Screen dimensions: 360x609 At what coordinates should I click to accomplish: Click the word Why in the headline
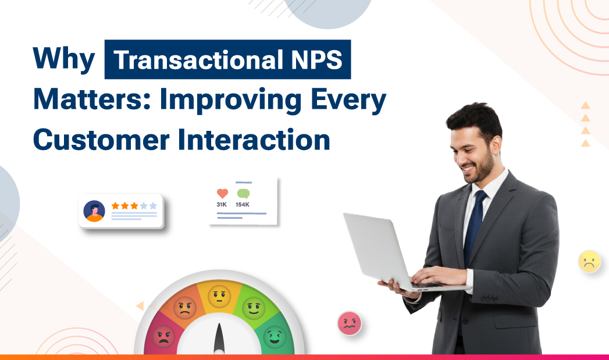[x=63, y=59]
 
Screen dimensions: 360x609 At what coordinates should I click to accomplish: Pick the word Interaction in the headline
[x=255, y=140]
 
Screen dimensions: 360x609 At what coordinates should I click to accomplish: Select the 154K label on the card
[x=243, y=205]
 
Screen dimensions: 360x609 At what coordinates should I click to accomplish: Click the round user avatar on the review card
[x=94, y=211]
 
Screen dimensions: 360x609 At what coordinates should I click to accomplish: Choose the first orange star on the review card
[x=115, y=206]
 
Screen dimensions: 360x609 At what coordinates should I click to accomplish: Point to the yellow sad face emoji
[x=589, y=261]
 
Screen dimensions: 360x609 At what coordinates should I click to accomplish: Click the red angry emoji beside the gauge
[x=349, y=323]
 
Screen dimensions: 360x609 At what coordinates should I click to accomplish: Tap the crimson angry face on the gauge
[x=163, y=337]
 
